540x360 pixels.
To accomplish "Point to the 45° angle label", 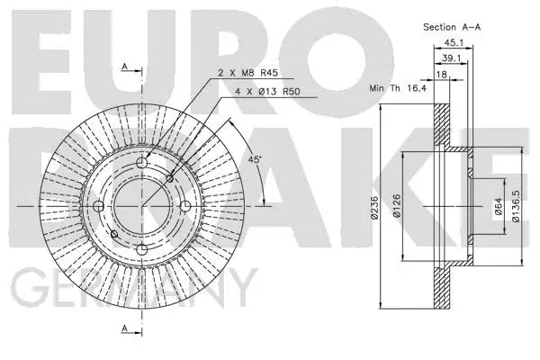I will pos(256,159).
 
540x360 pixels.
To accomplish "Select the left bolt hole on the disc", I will pos(98,207).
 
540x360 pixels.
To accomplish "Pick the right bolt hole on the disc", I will pos(185,207).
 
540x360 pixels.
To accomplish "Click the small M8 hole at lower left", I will pos(113,235).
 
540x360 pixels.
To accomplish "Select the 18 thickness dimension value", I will pos(441,76).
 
